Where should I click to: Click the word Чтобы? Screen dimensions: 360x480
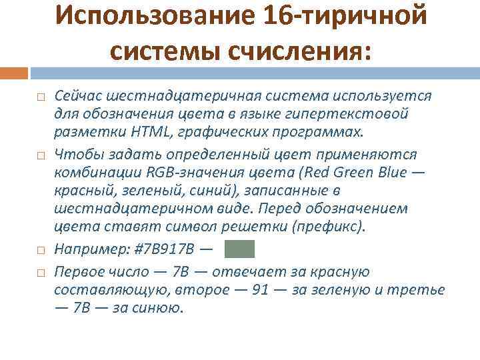pos(73,155)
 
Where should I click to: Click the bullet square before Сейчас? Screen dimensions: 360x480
pos(41,97)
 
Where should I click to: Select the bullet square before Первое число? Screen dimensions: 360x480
pos(41,273)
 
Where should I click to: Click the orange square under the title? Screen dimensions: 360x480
pos(14,71)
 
